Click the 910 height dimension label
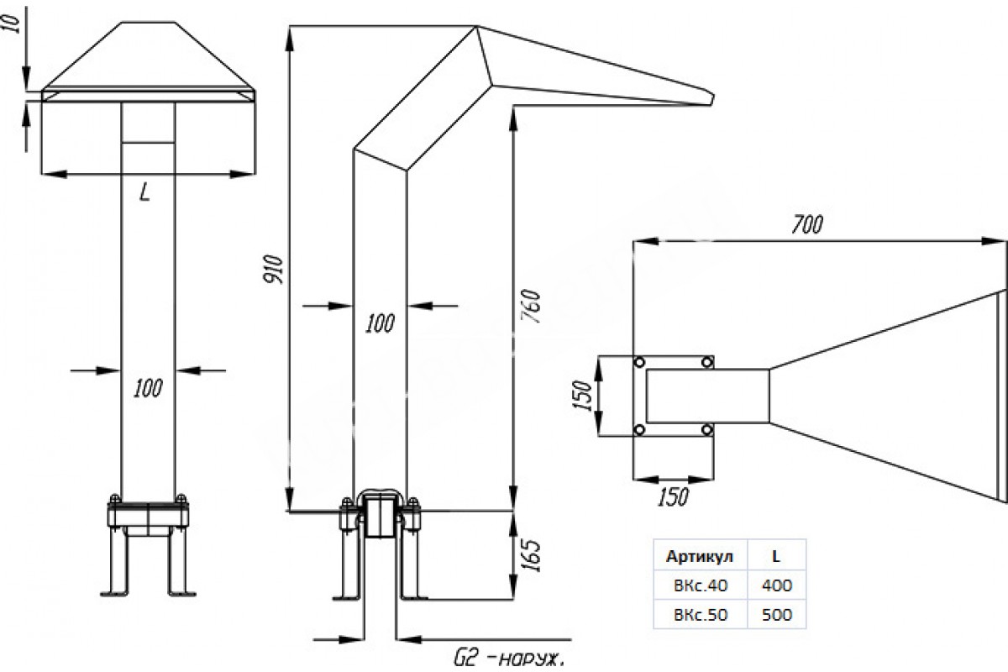(x=273, y=269)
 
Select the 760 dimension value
(x=531, y=306)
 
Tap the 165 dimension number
(x=531, y=555)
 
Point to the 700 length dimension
(x=807, y=224)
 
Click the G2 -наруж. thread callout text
(x=508, y=660)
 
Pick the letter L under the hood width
(x=144, y=192)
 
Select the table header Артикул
(x=700, y=557)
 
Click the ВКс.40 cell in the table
(x=701, y=585)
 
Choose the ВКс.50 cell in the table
(x=701, y=614)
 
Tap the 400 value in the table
(x=777, y=585)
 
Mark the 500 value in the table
(x=777, y=614)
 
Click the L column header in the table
(x=776, y=557)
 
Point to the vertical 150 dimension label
(x=583, y=396)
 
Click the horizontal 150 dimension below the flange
(x=673, y=496)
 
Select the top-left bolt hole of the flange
(x=639, y=362)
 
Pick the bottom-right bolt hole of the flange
(x=707, y=430)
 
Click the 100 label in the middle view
(x=380, y=323)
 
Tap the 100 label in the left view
(x=148, y=388)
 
